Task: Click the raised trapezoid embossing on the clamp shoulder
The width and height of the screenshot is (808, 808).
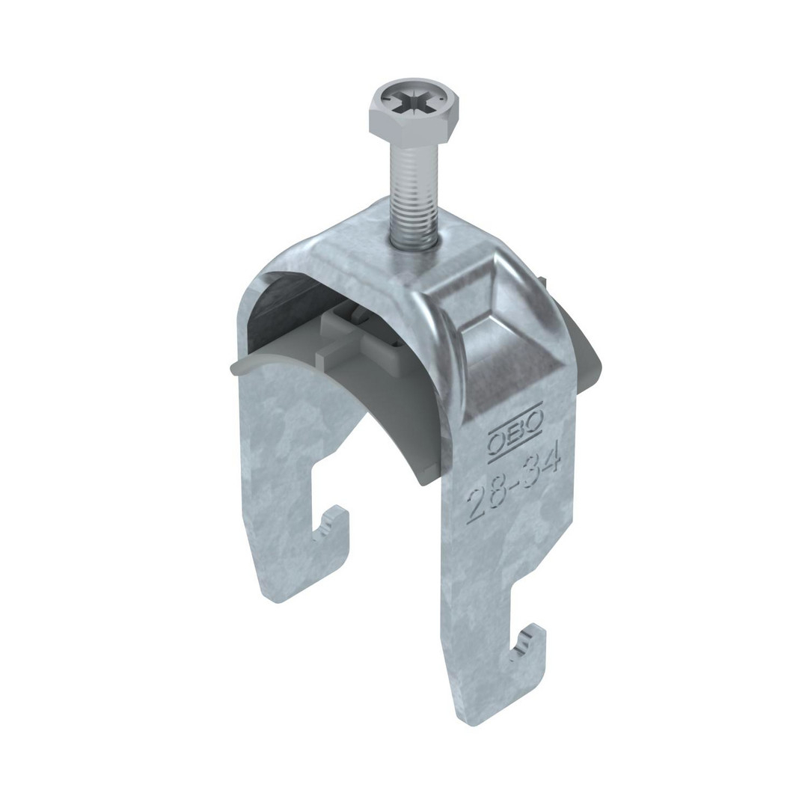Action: coord(496,330)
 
